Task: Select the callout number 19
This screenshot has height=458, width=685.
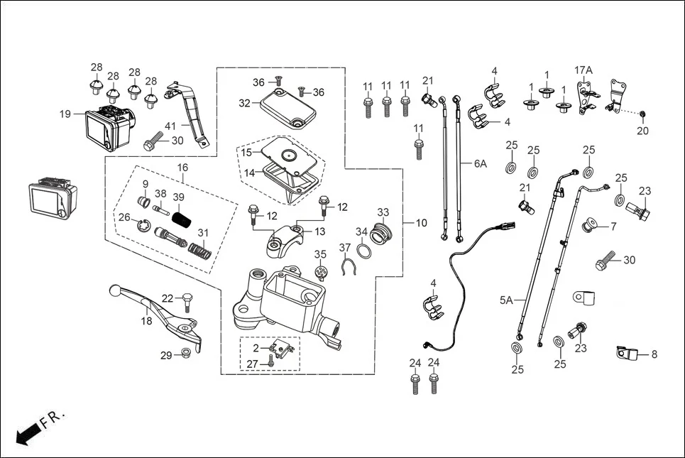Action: click(x=65, y=114)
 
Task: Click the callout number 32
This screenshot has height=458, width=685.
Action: click(x=245, y=103)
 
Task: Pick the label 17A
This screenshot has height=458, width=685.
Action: click(x=583, y=70)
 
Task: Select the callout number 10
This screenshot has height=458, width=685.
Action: click(x=421, y=223)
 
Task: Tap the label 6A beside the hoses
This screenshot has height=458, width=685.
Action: click(x=481, y=163)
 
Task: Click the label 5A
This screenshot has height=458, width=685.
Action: click(x=505, y=300)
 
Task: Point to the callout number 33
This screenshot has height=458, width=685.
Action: click(x=383, y=212)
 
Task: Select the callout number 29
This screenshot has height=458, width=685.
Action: click(x=165, y=355)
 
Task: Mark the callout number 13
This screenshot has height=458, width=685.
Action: click(x=320, y=231)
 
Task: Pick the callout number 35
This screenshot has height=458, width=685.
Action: click(x=320, y=254)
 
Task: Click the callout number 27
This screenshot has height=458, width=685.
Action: click(x=252, y=364)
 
